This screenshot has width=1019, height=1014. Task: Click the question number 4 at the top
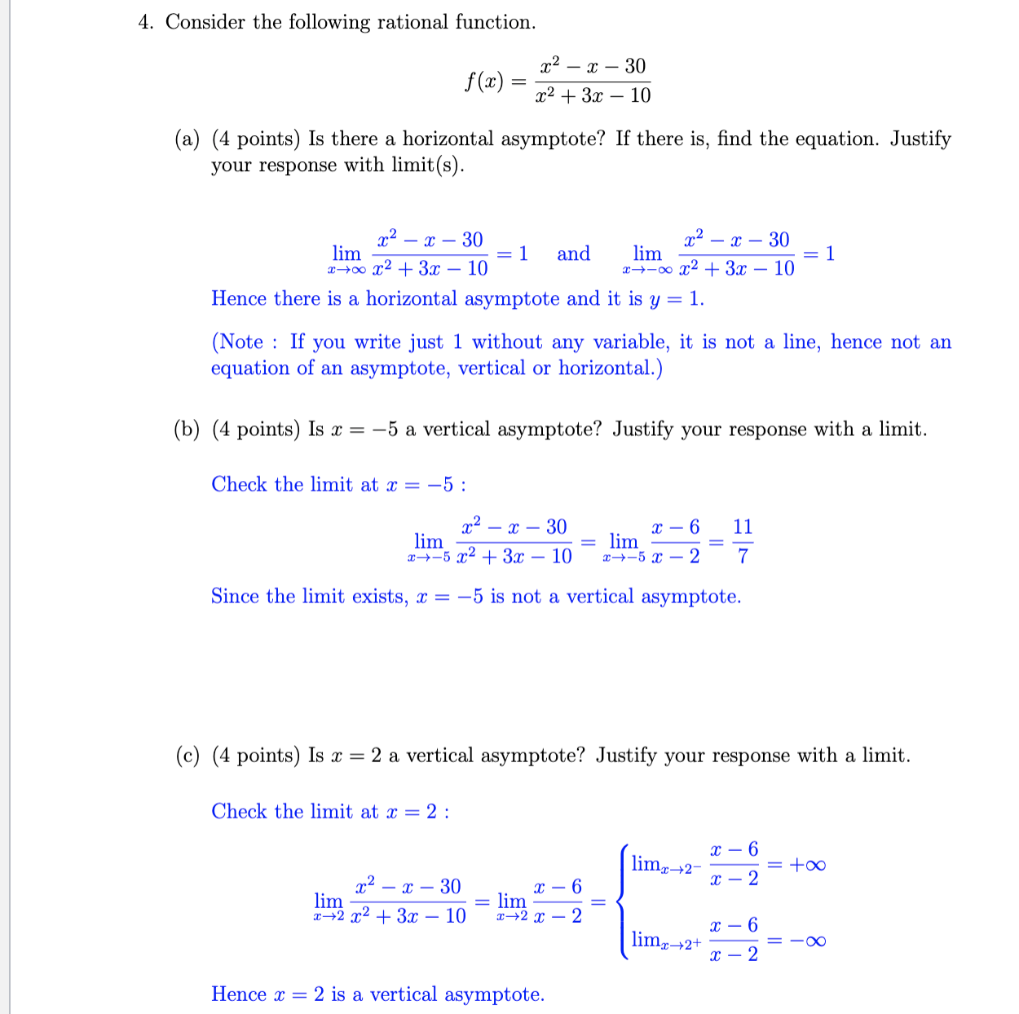[144, 22]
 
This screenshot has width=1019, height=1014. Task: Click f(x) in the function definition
[483, 82]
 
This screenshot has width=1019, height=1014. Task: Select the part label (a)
[187, 139]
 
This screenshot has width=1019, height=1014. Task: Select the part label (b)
[187, 430]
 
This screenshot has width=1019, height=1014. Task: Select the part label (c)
[187, 756]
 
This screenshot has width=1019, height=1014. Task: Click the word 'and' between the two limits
[573, 253]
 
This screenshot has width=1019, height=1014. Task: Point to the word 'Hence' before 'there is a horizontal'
[239, 299]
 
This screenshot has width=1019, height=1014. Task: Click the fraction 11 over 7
[742, 541]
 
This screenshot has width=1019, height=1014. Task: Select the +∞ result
[807, 864]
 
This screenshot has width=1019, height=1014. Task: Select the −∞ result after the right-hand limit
[807, 941]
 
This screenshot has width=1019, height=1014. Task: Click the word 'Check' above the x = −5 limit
[239, 485]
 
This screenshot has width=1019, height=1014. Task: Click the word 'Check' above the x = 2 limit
[239, 812]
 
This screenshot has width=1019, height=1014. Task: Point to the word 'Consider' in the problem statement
[205, 22]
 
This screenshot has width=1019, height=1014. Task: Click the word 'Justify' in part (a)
[920, 139]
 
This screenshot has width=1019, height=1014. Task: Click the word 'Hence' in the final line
[239, 994]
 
